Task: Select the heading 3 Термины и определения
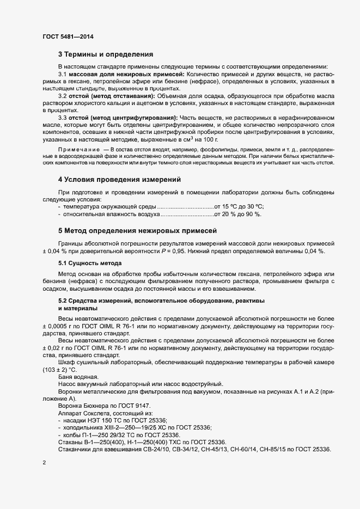(106, 54)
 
